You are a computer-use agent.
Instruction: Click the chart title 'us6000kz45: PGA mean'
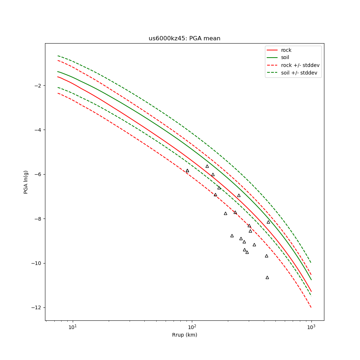(184, 39)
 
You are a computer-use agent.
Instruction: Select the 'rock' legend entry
(286, 50)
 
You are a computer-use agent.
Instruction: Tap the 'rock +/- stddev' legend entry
(300, 65)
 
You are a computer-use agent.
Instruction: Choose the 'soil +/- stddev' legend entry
(300, 73)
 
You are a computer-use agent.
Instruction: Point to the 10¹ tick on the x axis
(73, 327)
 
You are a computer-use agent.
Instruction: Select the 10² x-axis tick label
(192, 327)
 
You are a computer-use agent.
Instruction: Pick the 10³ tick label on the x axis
(311, 327)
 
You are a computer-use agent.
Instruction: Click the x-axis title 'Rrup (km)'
(184, 335)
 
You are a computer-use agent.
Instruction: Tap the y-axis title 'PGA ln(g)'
(26, 182)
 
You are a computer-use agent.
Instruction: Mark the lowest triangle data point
(267, 277)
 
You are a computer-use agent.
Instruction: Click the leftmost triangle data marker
(187, 171)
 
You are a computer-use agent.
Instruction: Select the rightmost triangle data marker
(268, 222)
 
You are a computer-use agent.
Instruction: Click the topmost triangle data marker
(207, 166)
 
